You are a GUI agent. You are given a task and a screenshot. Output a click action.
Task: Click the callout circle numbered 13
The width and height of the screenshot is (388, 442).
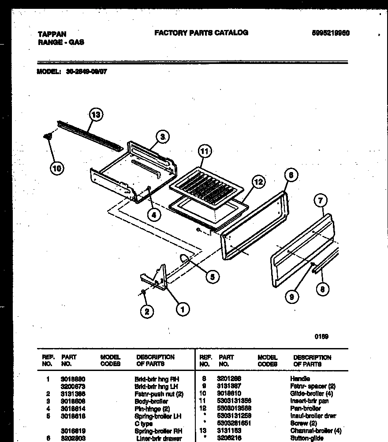96,115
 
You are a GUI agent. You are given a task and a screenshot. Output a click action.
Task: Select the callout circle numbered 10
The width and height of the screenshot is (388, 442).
57,168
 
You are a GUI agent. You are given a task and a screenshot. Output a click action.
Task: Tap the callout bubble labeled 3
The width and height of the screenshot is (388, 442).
162,137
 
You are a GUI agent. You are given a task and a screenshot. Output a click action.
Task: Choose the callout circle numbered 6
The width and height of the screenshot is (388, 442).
291,175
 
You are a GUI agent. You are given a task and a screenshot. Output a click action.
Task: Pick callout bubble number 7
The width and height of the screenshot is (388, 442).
321,201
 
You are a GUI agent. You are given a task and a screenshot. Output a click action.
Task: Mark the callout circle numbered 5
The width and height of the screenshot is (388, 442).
212,277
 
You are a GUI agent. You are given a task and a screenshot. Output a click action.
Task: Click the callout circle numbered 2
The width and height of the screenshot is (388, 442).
148,311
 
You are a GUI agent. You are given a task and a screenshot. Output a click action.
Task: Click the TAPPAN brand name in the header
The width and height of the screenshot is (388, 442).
52,34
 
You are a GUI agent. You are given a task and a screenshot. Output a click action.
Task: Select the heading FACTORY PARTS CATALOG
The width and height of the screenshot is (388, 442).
201,33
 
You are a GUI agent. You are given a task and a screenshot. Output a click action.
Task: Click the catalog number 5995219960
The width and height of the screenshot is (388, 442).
330,33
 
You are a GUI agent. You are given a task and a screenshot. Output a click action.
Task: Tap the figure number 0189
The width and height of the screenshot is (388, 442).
321,337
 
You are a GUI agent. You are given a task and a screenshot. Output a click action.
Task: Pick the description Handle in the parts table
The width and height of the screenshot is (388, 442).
300,378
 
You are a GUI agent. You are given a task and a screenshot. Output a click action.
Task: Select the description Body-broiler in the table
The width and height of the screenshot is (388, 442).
151,401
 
